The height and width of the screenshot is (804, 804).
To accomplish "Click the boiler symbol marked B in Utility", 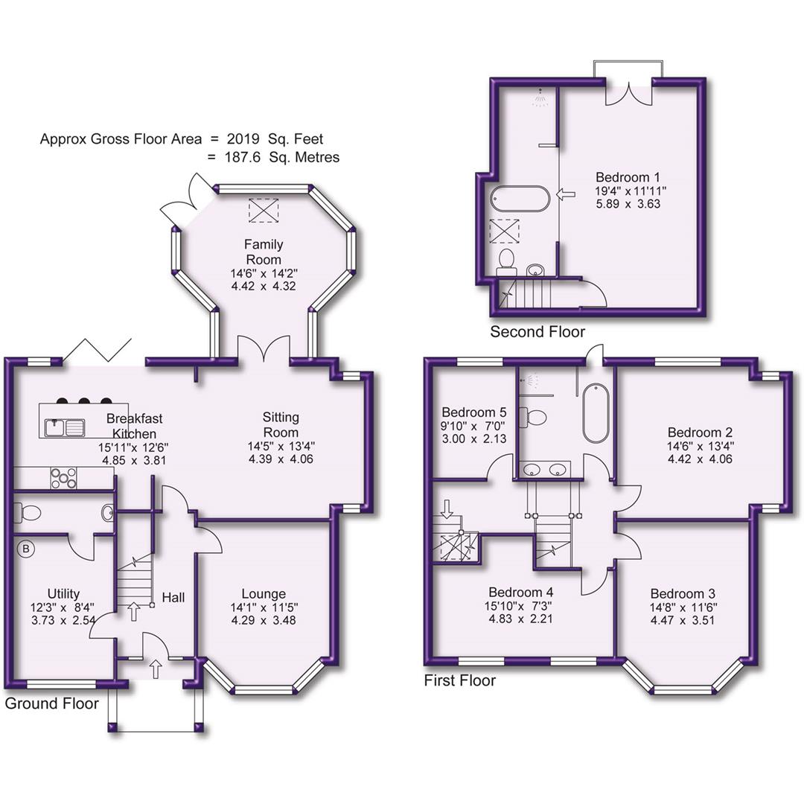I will pyautogui.click(x=26, y=549).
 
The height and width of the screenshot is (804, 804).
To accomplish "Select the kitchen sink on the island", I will pyautogui.click(x=66, y=427).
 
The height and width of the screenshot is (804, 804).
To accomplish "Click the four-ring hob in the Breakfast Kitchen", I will pyautogui.click(x=64, y=477).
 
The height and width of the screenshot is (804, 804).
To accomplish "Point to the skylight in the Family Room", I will pyautogui.click(x=263, y=210).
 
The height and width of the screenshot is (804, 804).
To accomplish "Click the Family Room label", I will pyautogui.click(x=264, y=252).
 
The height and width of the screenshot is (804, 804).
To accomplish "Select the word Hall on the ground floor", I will pyautogui.click(x=173, y=597).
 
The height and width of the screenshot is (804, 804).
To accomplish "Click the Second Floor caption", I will pyautogui.click(x=537, y=332).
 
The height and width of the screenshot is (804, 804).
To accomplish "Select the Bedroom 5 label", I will pyautogui.click(x=474, y=412).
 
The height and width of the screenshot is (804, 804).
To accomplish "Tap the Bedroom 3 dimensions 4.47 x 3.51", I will pyautogui.click(x=683, y=619).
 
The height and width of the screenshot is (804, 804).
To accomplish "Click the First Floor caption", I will pyautogui.click(x=459, y=680).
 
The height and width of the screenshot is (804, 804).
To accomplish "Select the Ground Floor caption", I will pyautogui.click(x=51, y=703).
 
